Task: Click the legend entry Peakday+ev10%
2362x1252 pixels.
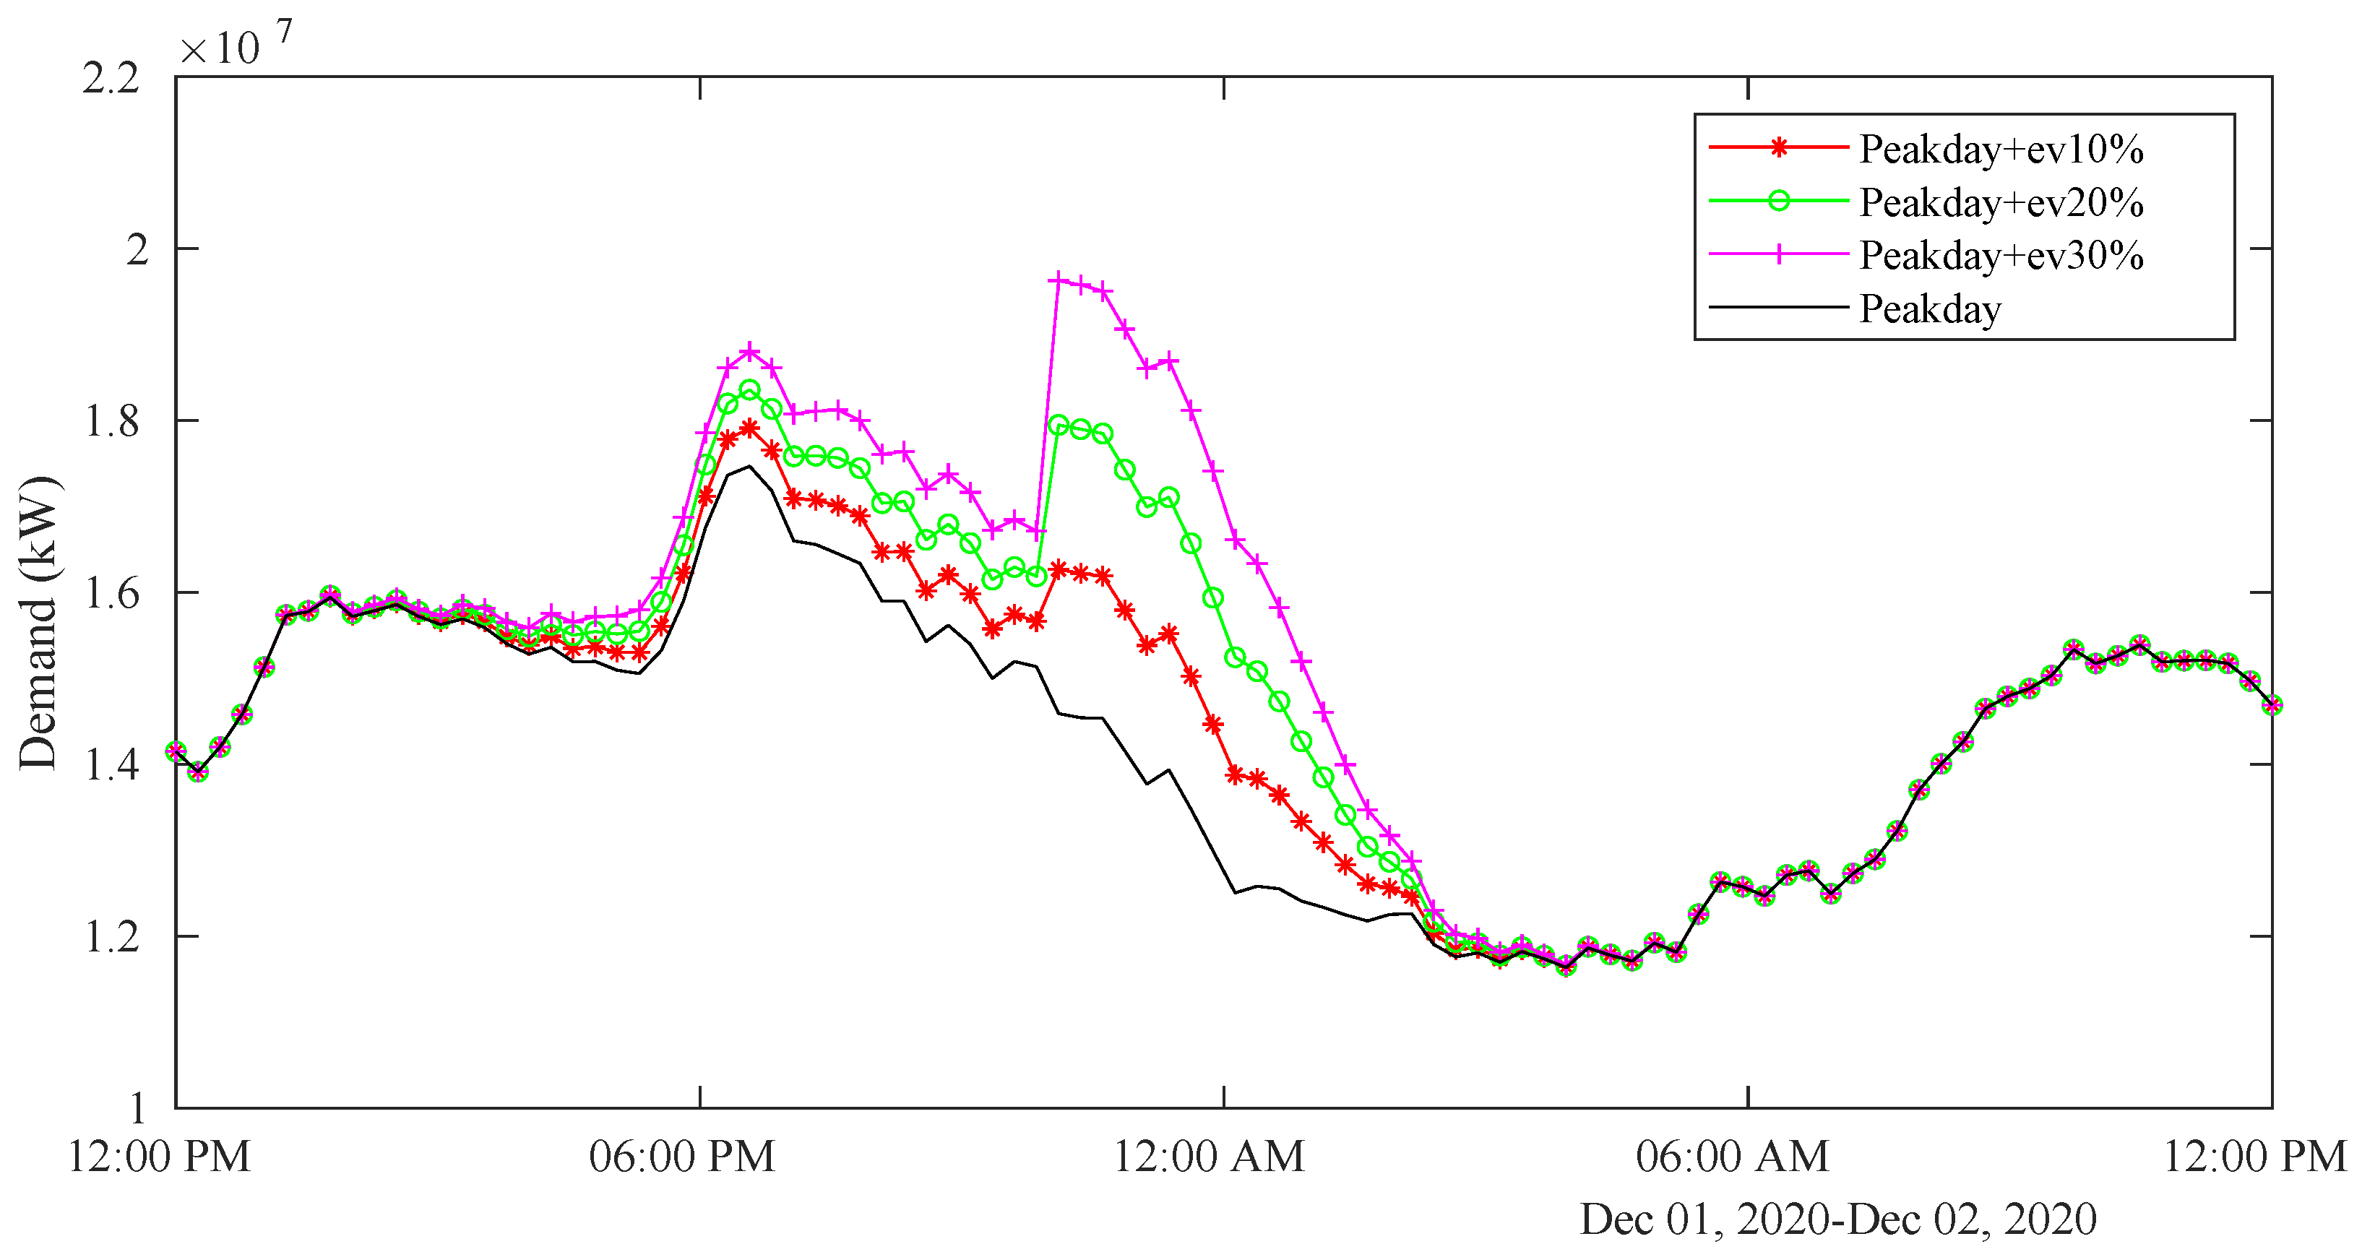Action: coord(2000,149)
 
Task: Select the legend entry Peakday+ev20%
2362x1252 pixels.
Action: coord(2000,202)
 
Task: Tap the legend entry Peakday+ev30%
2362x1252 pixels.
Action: coord(2000,255)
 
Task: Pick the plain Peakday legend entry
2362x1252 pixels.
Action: coord(1929,309)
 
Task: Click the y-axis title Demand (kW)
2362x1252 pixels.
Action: coord(38,623)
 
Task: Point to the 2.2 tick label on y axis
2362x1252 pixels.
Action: coord(111,78)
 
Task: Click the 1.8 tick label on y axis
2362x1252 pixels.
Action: coord(111,422)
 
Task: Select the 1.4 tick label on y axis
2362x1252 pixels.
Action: coord(111,765)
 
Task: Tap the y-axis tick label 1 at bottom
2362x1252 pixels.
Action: coord(137,1109)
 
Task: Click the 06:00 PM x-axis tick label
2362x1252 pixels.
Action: coord(682,1157)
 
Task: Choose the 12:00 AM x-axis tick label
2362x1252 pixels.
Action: coord(1207,1157)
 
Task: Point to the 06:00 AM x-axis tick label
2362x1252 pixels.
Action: coord(1732,1157)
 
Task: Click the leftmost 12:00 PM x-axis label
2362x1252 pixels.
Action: coord(160,1157)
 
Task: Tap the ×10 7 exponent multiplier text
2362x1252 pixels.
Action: coord(235,46)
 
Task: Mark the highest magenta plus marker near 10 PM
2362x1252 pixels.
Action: coord(1059,280)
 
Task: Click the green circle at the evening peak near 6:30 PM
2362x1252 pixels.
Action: coord(749,390)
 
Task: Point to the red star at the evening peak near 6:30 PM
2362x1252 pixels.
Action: coord(749,428)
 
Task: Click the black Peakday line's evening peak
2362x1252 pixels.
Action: coord(749,467)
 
